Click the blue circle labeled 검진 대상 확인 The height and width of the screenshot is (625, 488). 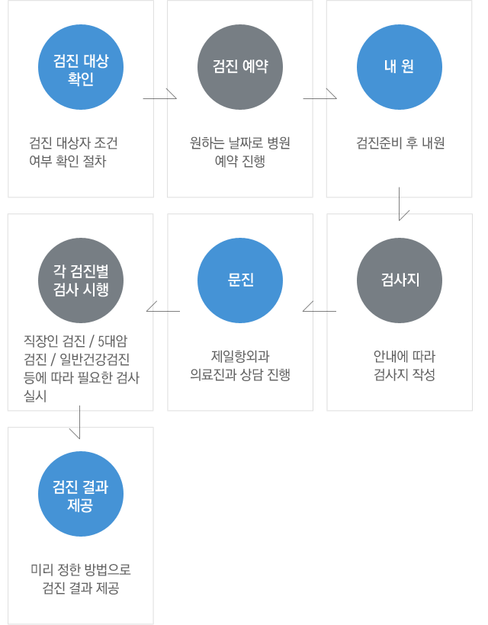click(x=81, y=67)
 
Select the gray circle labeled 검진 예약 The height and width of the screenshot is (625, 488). click(x=240, y=67)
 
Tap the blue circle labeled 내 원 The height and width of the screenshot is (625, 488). click(x=400, y=67)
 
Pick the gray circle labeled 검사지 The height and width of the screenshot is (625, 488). click(x=400, y=280)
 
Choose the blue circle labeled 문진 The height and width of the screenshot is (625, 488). click(x=240, y=280)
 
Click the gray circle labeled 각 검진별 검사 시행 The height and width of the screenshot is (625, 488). click(x=81, y=280)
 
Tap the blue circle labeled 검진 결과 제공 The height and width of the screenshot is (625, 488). click(x=81, y=494)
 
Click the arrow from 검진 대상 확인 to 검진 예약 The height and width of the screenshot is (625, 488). click(x=159, y=98)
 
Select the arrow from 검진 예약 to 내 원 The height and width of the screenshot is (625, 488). click(x=319, y=98)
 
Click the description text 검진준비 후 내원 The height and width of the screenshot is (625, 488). click(x=400, y=143)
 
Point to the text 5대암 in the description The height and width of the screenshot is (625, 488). click(x=112, y=341)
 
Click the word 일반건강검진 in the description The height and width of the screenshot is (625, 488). click(x=95, y=360)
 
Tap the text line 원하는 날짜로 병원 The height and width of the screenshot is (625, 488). click(x=240, y=143)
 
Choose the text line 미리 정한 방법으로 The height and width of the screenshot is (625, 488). click(x=81, y=569)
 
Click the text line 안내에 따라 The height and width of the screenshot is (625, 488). click(x=404, y=356)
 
